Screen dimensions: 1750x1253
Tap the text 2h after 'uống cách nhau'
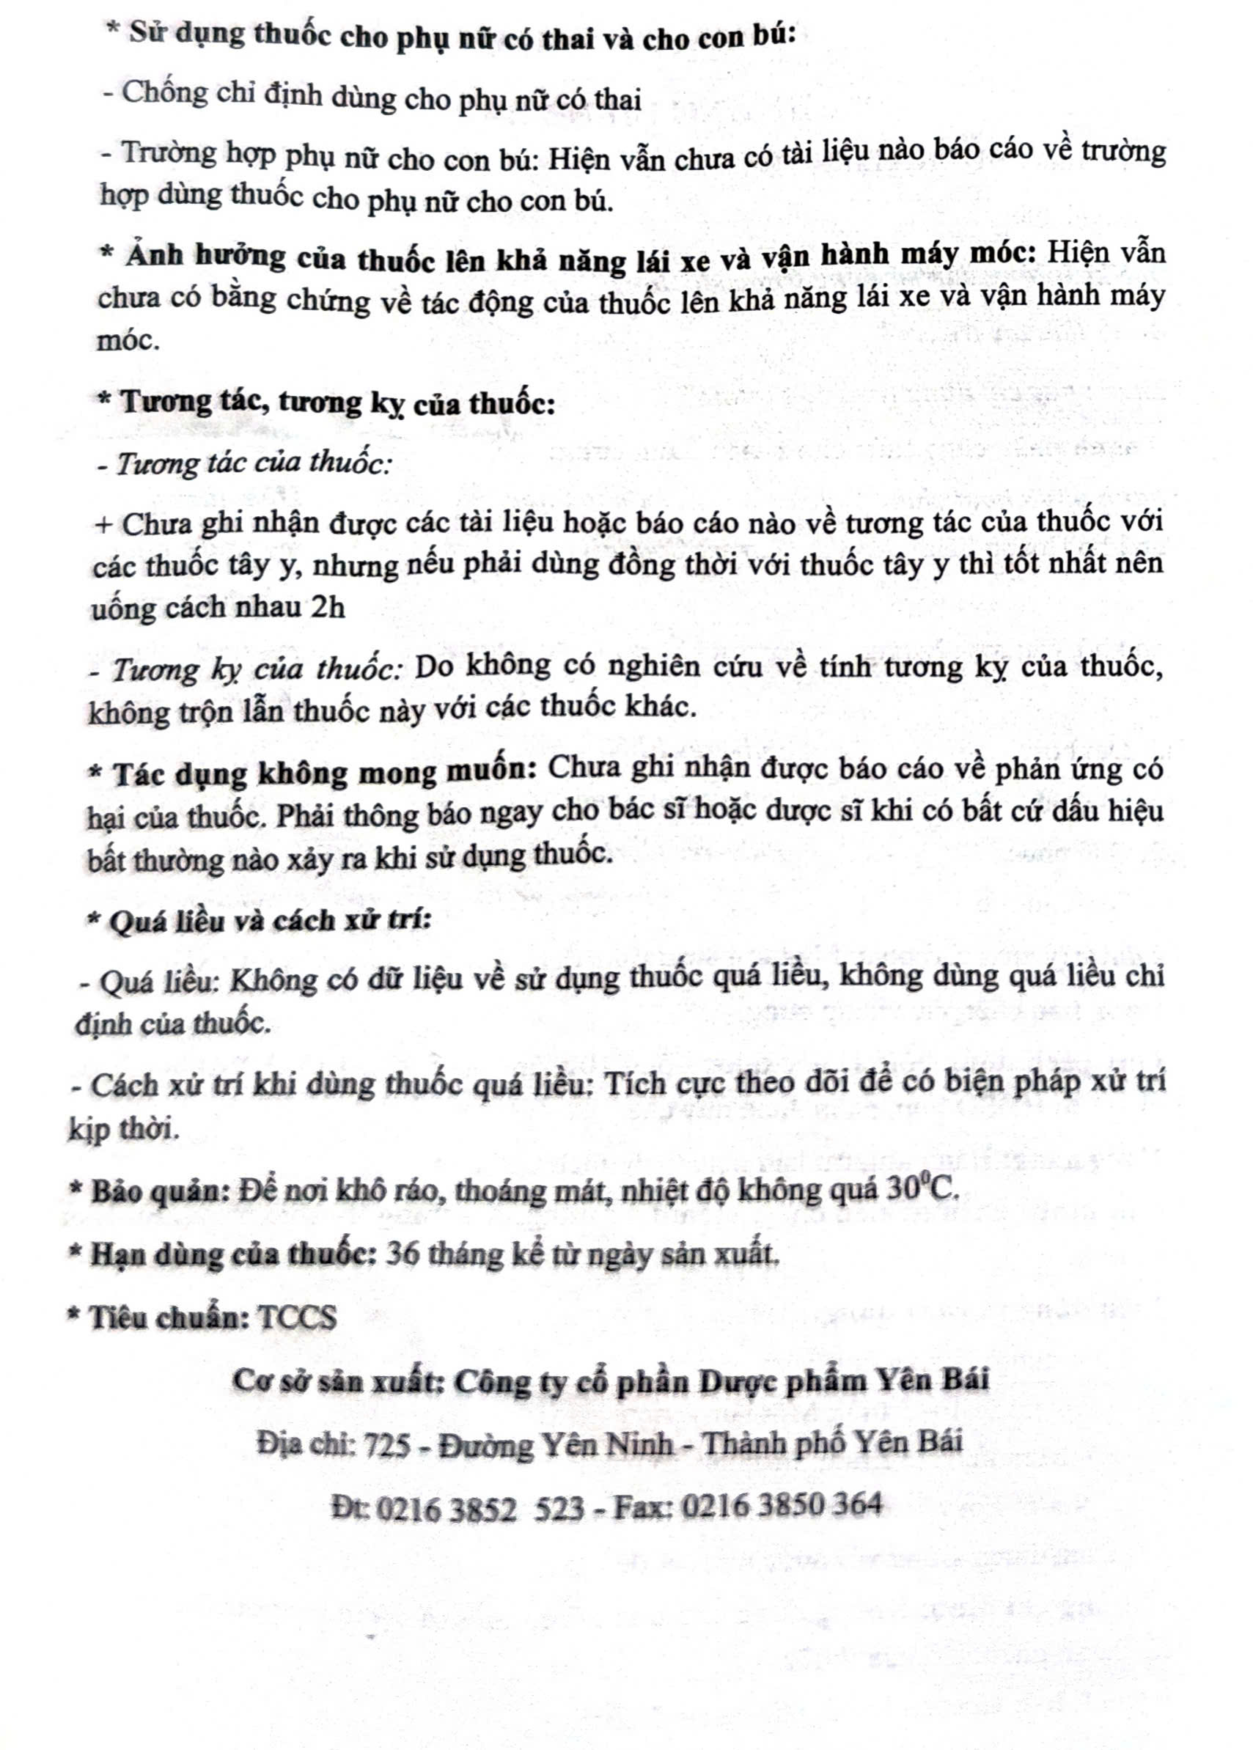tap(328, 608)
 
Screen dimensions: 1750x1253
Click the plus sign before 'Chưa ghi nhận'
tap(103, 525)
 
